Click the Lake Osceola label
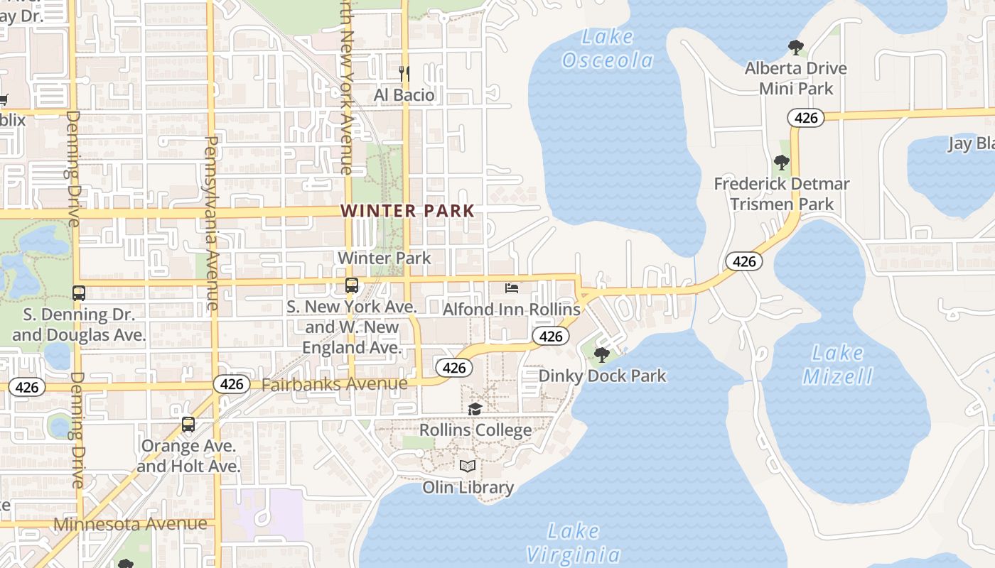pyautogui.click(x=607, y=49)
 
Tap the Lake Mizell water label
pyautogui.click(x=838, y=364)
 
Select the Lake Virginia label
pyautogui.click(x=573, y=542)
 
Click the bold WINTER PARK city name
pyautogui.click(x=407, y=211)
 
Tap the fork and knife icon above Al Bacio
pyautogui.click(x=404, y=73)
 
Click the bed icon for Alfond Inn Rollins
pyautogui.click(x=511, y=288)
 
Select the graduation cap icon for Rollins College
pyautogui.click(x=475, y=409)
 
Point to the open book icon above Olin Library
pyautogui.click(x=467, y=466)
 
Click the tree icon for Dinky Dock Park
pyautogui.click(x=602, y=354)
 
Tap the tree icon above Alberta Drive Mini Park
pyautogui.click(x=795, y=48)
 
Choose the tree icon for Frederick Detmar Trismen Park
pyautogui.click(x=781, y=163)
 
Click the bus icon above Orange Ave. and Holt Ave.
pyautogui.click(x=188, y=425)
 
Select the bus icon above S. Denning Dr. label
pyautogui.click(x=79, y=293)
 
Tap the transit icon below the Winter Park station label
pyautogui.click(x=351, y=285)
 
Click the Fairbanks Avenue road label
pyautogui.click(x=335, y=384)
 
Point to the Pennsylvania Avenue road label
pyautogui.click(x=211, y=223)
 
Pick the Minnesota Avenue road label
pyautogui.click(x=131, y=525)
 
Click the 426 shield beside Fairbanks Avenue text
pyautogui.click(x=232, y=384)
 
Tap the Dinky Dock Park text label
pyautogui.click(x=602, y=376)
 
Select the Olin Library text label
pyautogui.click(x=468, y=487)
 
